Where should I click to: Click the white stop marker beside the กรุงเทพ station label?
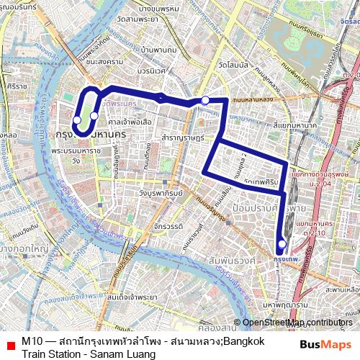point(282,244)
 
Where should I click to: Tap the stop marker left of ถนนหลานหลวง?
point(205,100)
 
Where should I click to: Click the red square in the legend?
point(10,346)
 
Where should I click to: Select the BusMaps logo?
point(324,346)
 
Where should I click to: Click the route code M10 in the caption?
point(32,341)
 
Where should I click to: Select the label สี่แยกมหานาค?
point(295,125)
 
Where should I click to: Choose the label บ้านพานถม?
point(159,50)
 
